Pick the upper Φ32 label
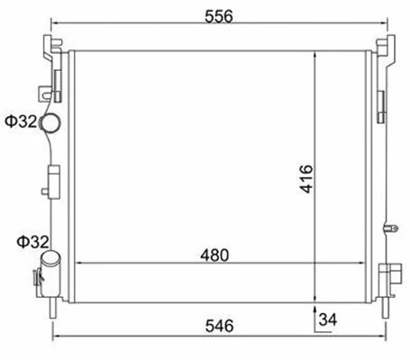(x=19, y=121)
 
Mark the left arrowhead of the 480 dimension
(x=76, y=263)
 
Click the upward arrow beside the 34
(x=313, y=312)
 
